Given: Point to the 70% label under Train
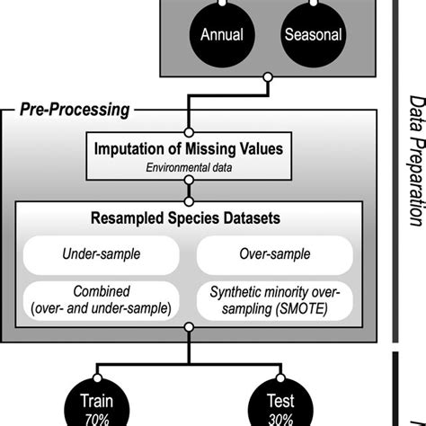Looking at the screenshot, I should point(95,416).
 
